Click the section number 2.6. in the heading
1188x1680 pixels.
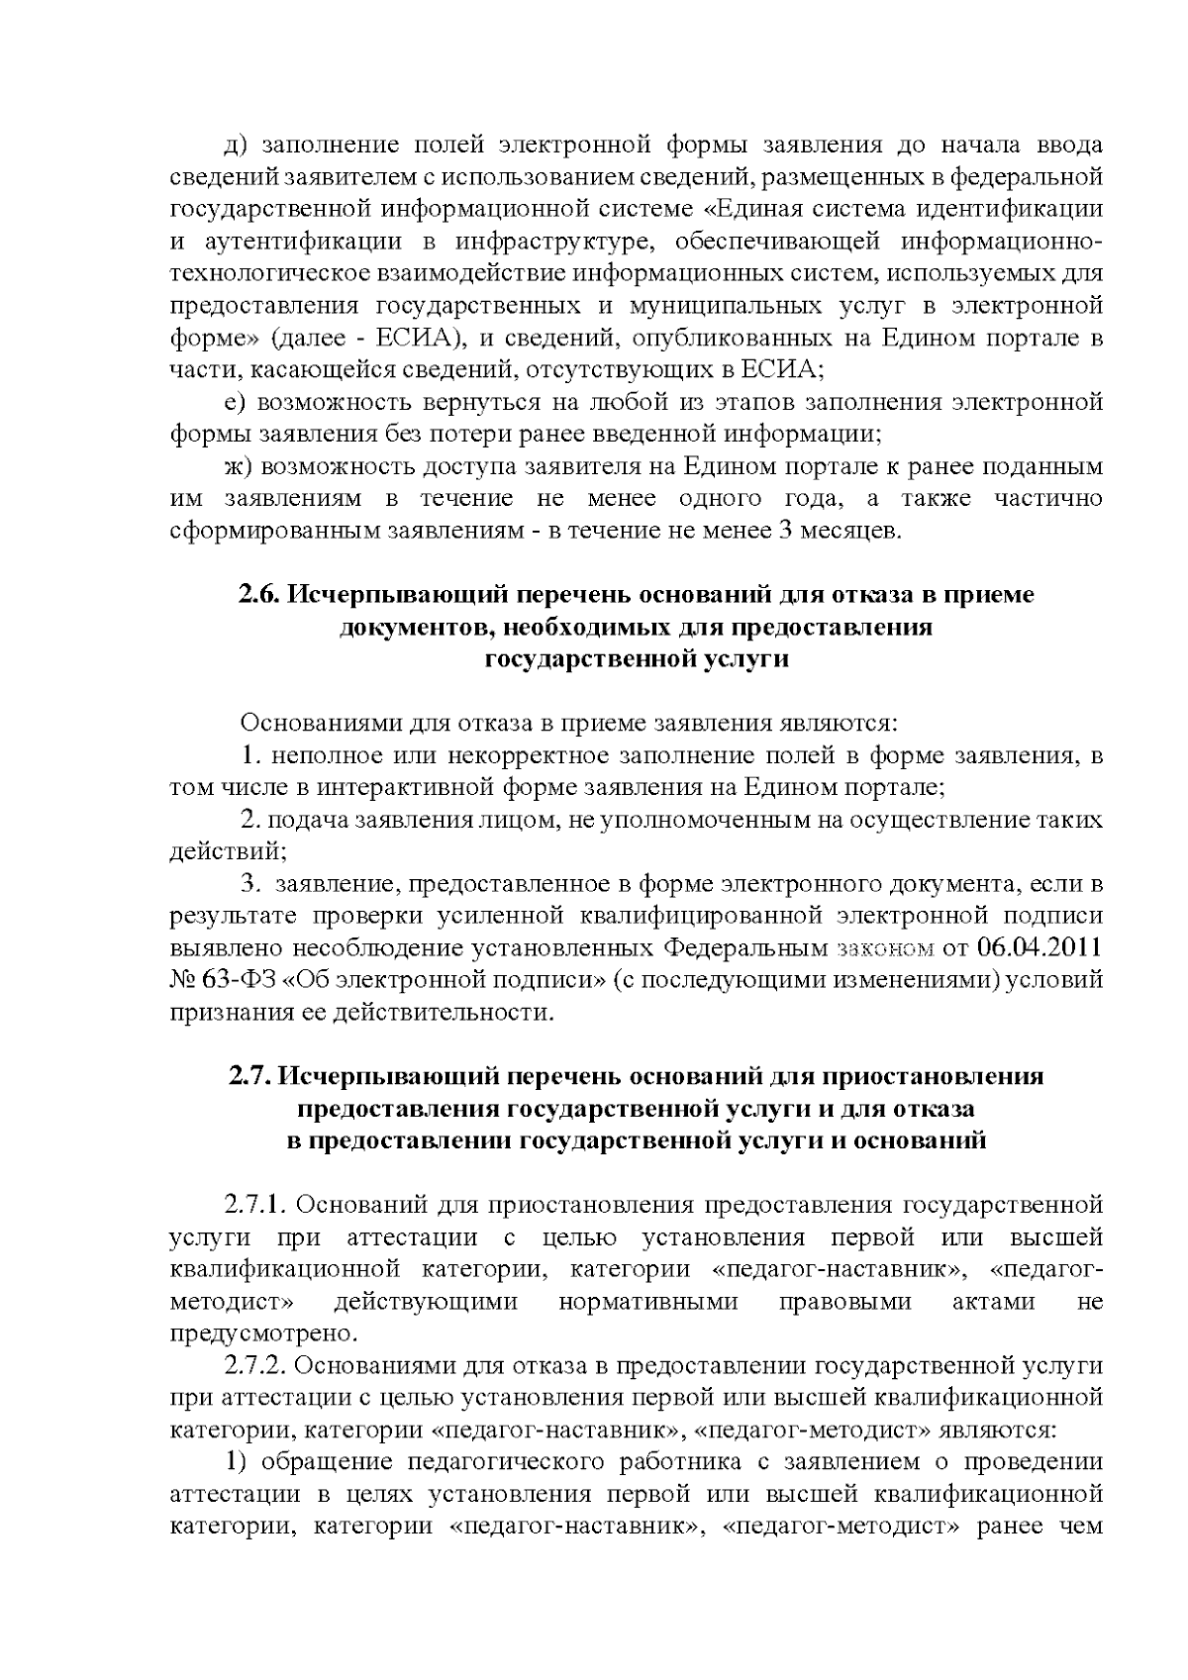tap(258, 595)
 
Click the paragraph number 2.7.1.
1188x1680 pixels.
tap(255, 1206)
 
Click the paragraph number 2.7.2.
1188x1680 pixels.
tap(255, 1366)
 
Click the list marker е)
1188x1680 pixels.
tap(235, 402)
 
